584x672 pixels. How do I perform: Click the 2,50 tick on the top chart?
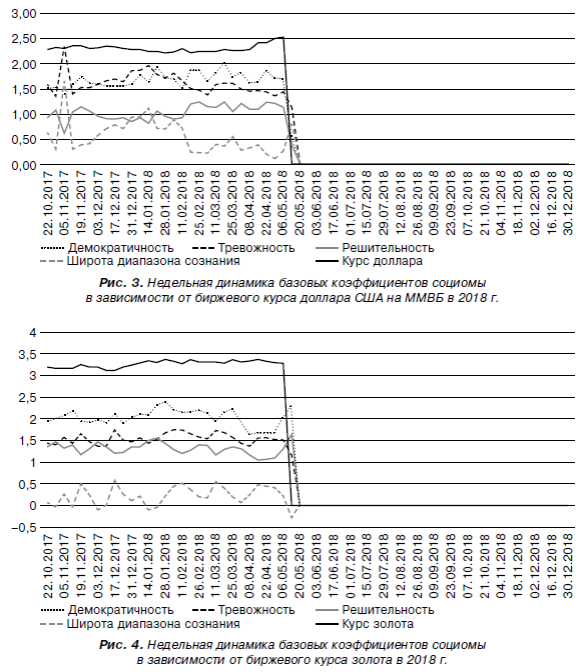24,39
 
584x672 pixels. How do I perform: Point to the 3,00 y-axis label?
24,14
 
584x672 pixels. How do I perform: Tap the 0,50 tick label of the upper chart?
24,140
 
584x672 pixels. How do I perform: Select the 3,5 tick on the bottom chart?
27,354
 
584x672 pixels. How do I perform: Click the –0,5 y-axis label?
24,528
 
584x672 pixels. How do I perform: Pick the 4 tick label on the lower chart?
33,333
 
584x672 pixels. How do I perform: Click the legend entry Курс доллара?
382,261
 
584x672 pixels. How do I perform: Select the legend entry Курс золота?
377,624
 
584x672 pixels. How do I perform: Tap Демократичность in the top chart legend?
121,248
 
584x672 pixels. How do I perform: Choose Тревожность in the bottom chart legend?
256,610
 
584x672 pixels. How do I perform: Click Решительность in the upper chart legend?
388,248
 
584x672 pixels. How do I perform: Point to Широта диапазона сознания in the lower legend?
153,624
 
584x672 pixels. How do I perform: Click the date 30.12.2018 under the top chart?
568,202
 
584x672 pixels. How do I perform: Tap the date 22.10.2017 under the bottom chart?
48,566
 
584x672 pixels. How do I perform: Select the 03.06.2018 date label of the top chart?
317,202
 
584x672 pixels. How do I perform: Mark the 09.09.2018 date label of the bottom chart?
434,566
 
